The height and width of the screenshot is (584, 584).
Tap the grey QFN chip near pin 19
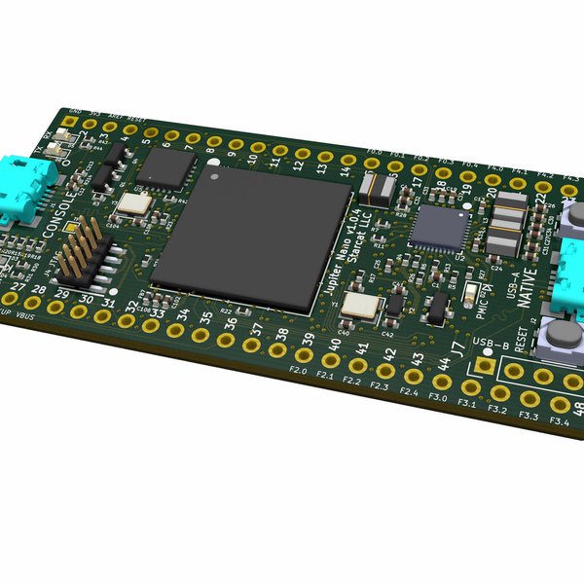pyautogui.click(x=431, y=228)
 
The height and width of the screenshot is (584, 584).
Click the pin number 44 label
pyautogui.click(x=442, y=364)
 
